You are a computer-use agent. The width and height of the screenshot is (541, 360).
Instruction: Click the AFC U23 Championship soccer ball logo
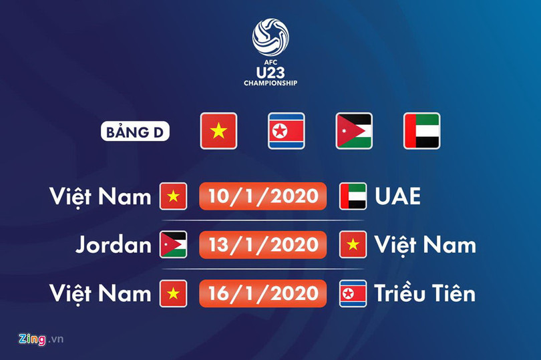270,37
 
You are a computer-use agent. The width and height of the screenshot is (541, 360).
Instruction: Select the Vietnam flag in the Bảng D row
218,131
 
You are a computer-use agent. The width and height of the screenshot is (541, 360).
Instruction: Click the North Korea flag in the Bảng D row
287,131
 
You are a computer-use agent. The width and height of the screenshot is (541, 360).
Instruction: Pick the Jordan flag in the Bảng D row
354,131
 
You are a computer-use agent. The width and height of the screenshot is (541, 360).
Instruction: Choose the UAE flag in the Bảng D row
421,131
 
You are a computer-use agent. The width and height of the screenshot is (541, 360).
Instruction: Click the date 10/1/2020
262,196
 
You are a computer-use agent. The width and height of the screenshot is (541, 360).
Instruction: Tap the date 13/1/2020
262,245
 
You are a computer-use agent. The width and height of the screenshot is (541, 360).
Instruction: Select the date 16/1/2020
262,293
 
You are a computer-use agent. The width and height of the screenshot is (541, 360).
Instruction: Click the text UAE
397,196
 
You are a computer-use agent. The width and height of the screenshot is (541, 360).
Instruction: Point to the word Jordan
113,245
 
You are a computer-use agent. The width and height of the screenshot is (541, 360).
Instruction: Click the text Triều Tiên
425,293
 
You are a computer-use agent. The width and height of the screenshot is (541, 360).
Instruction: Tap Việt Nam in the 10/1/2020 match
100,196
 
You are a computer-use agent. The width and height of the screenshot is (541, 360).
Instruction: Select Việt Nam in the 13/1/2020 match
425,245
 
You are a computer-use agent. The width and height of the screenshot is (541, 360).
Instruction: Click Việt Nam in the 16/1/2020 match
100,293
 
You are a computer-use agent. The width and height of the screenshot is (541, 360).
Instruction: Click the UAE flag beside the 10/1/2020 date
353,196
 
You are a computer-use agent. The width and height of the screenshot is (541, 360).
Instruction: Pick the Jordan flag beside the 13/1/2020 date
174,245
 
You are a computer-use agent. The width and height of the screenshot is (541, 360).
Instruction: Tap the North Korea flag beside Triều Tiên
353,293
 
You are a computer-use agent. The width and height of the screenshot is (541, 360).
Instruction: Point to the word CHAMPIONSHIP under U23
270,83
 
